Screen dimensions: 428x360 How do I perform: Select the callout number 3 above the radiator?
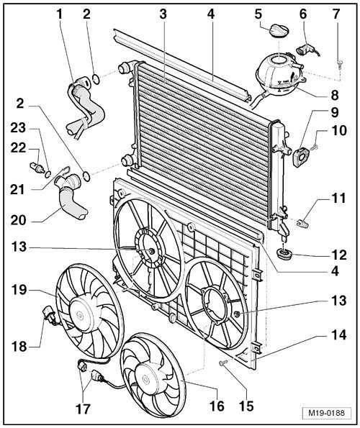click(x=163, y=14)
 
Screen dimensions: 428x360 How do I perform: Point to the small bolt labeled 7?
click(x=338, y=65)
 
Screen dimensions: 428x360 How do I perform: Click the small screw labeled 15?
click(x=225, y=365)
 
